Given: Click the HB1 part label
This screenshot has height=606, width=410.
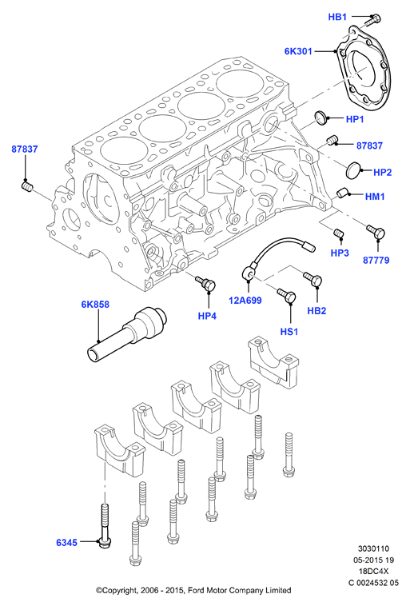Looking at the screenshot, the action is pos(337,17).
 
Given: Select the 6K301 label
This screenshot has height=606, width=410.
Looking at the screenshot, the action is pos(298,51).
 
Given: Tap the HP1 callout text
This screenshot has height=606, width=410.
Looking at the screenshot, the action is pos(355,119).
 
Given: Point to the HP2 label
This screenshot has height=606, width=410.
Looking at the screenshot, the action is pos(382,173).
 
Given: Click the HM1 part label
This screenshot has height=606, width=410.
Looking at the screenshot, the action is pos(375,197).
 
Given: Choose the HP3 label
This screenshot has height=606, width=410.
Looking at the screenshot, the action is pos(340,253).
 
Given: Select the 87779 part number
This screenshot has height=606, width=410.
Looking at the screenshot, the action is pos(376,261).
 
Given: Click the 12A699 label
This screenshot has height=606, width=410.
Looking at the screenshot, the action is pos(245,301).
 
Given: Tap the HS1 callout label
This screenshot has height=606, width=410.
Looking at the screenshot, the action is pos(289,332).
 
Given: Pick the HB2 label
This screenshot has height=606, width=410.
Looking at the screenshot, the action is pos(316,311).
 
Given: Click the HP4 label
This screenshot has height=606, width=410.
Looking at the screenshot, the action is pos(207,316).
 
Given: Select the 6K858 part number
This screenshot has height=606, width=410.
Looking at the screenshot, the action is pos(95,305).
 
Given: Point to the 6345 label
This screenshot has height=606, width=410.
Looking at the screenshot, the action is pos(67,543).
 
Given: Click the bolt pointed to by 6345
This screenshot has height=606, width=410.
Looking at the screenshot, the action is pos(105,525).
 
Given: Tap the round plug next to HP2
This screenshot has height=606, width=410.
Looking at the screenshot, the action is pos(352,170).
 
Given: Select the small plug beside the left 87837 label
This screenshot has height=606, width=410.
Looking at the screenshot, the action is pos(26,187).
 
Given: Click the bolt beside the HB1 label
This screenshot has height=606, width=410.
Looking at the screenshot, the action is pos(372,19).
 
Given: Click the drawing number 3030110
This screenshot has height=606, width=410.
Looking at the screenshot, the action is pos(374,548).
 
